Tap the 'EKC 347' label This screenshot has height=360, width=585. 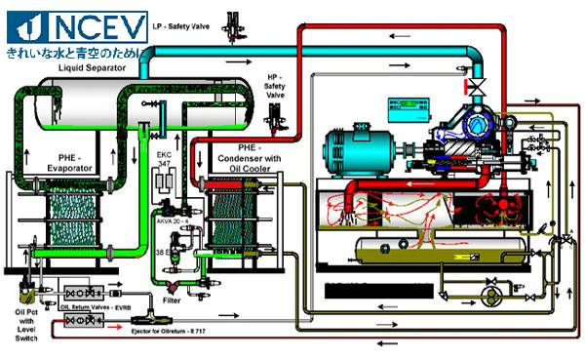tap(163, 159)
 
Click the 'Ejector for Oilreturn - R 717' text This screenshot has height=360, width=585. tap(166, 331)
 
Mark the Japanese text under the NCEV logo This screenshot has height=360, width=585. tap(73, 49)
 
